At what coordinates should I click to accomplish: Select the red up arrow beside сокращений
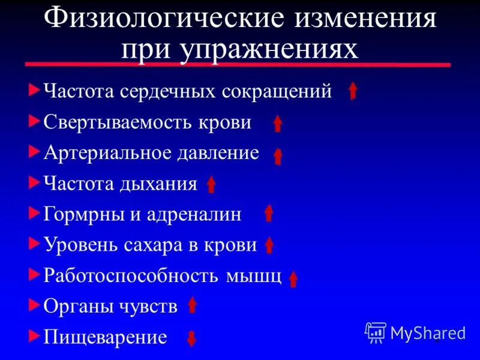[353, 91]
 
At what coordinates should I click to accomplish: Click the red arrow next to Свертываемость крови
[278, 123]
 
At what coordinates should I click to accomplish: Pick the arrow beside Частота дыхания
[211, 184]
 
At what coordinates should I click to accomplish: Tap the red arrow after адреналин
[269, 213]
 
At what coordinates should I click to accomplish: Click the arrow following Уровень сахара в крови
[269, 245]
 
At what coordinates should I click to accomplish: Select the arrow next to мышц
[293, 279]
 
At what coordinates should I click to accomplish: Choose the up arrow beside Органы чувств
[192, 305]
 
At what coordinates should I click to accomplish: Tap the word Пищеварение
[106, 337]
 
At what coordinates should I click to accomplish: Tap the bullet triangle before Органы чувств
[33, 304]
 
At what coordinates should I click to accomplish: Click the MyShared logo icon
[376, 332]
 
